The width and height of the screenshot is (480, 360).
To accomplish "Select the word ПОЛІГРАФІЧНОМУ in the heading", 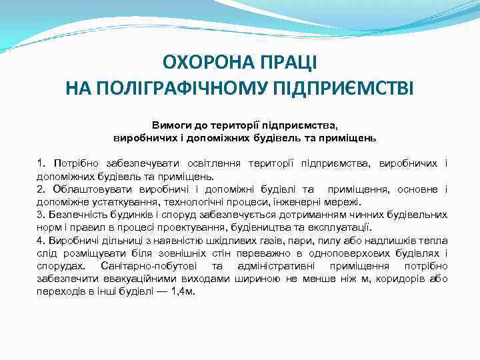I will click(175, 88).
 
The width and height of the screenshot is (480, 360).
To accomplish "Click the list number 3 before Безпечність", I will click(41, 215).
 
